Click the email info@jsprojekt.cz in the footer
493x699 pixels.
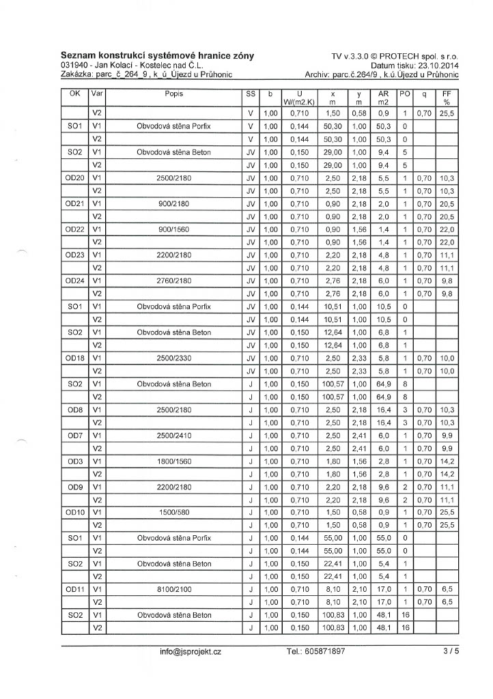point(191,652)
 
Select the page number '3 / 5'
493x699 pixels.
point(451,652)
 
